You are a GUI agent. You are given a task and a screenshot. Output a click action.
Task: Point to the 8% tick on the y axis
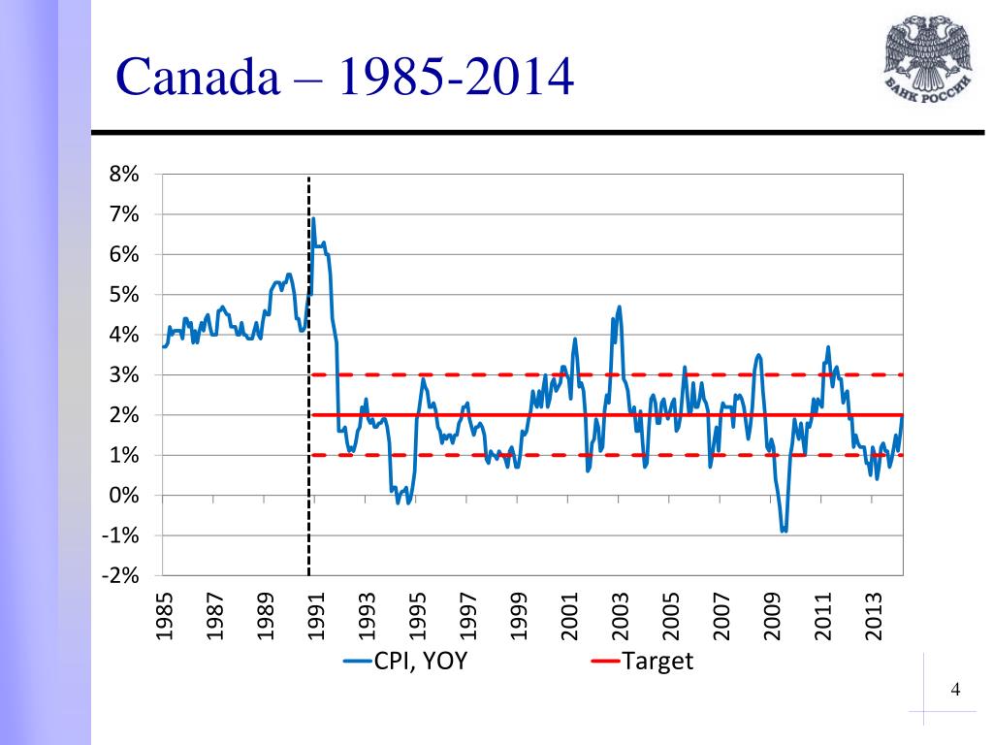[124, 175]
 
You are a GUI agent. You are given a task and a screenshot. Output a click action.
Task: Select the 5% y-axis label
[124, 295]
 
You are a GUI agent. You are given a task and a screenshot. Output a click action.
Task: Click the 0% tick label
[124, 496]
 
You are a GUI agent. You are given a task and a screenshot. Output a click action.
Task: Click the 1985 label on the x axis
[164, 616]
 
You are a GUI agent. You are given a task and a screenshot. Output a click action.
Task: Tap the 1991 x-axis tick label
[316, 616]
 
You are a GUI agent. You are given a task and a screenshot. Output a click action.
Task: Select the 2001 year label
[569, 616]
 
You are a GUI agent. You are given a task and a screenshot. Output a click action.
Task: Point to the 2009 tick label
[772, 616]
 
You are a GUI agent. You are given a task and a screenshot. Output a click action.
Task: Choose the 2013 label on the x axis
[874, 616]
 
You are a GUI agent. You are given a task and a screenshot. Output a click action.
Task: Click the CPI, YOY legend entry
[411, 663]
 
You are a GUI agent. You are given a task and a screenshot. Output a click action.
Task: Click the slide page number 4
[956, 691]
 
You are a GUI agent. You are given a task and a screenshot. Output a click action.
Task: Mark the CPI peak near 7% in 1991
[313, 219]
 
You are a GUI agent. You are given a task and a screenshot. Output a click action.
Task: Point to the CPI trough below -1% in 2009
[784, 531]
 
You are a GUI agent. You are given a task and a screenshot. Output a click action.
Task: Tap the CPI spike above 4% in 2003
[619, 308]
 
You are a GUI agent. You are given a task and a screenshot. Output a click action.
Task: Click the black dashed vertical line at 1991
[309, 388]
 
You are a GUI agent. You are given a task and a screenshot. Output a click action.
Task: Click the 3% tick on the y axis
[124, 375]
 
